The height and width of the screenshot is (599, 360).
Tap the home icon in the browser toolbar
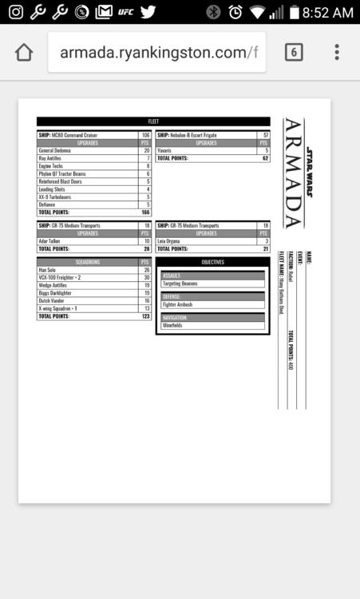pyautogui.click(x=24, y=53)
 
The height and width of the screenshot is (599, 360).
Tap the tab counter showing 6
pyautogui.click(x=294, y=53)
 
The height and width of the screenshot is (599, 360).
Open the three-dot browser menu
pyautogui.click(x=337, y=53)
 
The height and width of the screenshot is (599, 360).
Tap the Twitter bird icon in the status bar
pyautogui.click(x=148, y=12)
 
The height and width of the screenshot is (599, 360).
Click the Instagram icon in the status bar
pyautogui.click(x=15, y=12)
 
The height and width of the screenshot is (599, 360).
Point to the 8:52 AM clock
pyautogui.click(x=328, y=12)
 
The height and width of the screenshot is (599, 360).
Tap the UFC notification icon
pyautogui.click(x=125, y=12)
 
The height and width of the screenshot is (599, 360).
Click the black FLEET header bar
pyautogui.click(x=153, y=121)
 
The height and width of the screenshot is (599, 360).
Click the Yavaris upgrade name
pyautogui.click(x=166, y=150)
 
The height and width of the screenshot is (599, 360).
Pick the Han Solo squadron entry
pyautogui.click(x=48, y=270)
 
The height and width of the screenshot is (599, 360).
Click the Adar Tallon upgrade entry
pyautogui.click(x=49, y=240)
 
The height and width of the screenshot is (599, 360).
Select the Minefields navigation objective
pyautogui.click(x=174, y=326)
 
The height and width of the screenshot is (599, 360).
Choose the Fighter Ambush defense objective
pyautogui.click(x=177, y=304)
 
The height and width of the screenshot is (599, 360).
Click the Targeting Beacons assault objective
pyautogui.click(x=180, y=284)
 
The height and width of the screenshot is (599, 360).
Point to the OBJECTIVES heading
pyautogui.click(x=212, y=262)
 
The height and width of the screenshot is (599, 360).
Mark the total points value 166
pyautogui.click(x=145, y=212)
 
